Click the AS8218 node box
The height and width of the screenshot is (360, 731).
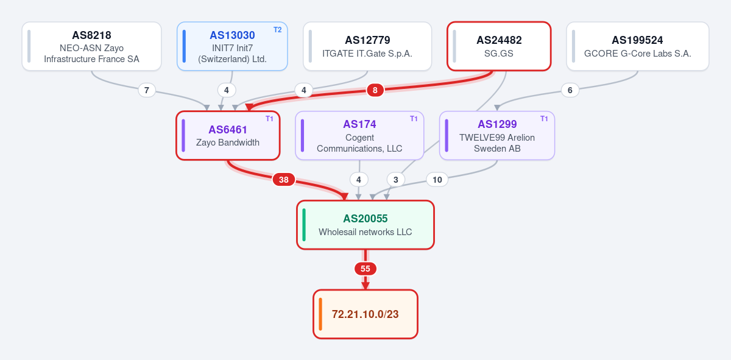(92, 46)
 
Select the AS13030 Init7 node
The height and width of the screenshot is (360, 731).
(232, 46)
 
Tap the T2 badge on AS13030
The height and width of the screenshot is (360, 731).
(277, 30)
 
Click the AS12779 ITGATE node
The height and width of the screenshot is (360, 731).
(367, 46)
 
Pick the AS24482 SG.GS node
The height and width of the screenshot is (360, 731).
(499, 46)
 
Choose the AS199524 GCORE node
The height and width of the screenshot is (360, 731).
(638, 46)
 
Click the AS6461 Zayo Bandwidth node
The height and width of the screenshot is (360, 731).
(228, 135)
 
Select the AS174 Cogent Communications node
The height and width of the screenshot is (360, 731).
(359, 135)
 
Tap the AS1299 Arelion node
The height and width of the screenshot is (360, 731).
(497, 135)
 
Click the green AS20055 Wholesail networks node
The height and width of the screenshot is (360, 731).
(365, 225)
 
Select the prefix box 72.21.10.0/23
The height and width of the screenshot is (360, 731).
(365, 314)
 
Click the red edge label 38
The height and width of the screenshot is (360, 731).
(284, 180)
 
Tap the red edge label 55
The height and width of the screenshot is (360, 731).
(365, 269)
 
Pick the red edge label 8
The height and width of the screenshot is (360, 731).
(375, 90)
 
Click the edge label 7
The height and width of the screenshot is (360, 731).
(147, 90)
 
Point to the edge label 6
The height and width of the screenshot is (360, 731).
(570, 90)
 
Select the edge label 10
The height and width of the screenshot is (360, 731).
(437, 180)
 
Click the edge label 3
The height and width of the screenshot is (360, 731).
(396, 180)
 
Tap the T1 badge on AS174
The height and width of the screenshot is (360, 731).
(414, 119)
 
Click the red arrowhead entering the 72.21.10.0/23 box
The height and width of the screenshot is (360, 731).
(365, 286)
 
